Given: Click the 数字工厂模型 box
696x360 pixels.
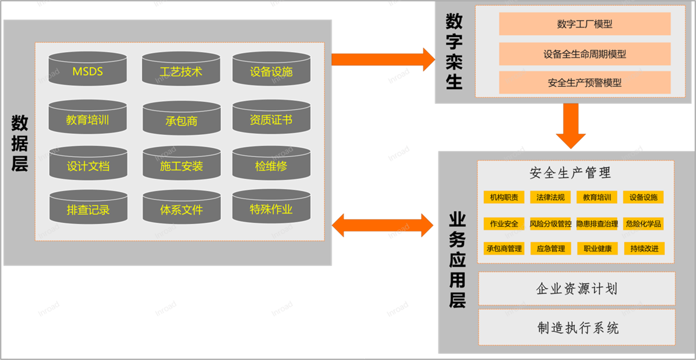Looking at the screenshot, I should tap(584, 24).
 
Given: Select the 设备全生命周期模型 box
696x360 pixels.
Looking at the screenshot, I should tap(584, 54).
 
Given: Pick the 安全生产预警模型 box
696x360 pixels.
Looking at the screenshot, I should tap(584, 83).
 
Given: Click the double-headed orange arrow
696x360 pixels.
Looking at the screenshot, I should tap(383, 225).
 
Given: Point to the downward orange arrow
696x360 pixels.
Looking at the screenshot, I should tap(570, 126).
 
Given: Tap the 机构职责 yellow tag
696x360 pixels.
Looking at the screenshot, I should tap(504, 197).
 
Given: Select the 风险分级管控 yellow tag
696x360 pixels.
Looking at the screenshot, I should tap(550, 223).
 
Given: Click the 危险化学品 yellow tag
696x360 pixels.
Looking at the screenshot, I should tap(643, 223).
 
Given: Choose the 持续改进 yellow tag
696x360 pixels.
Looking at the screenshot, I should tap(643, 249).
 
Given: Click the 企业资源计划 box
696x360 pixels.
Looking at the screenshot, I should tap(576, 288).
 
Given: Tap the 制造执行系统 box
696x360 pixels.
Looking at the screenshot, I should tap(576, 328).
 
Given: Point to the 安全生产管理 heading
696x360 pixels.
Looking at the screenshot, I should tap(570, 172).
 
